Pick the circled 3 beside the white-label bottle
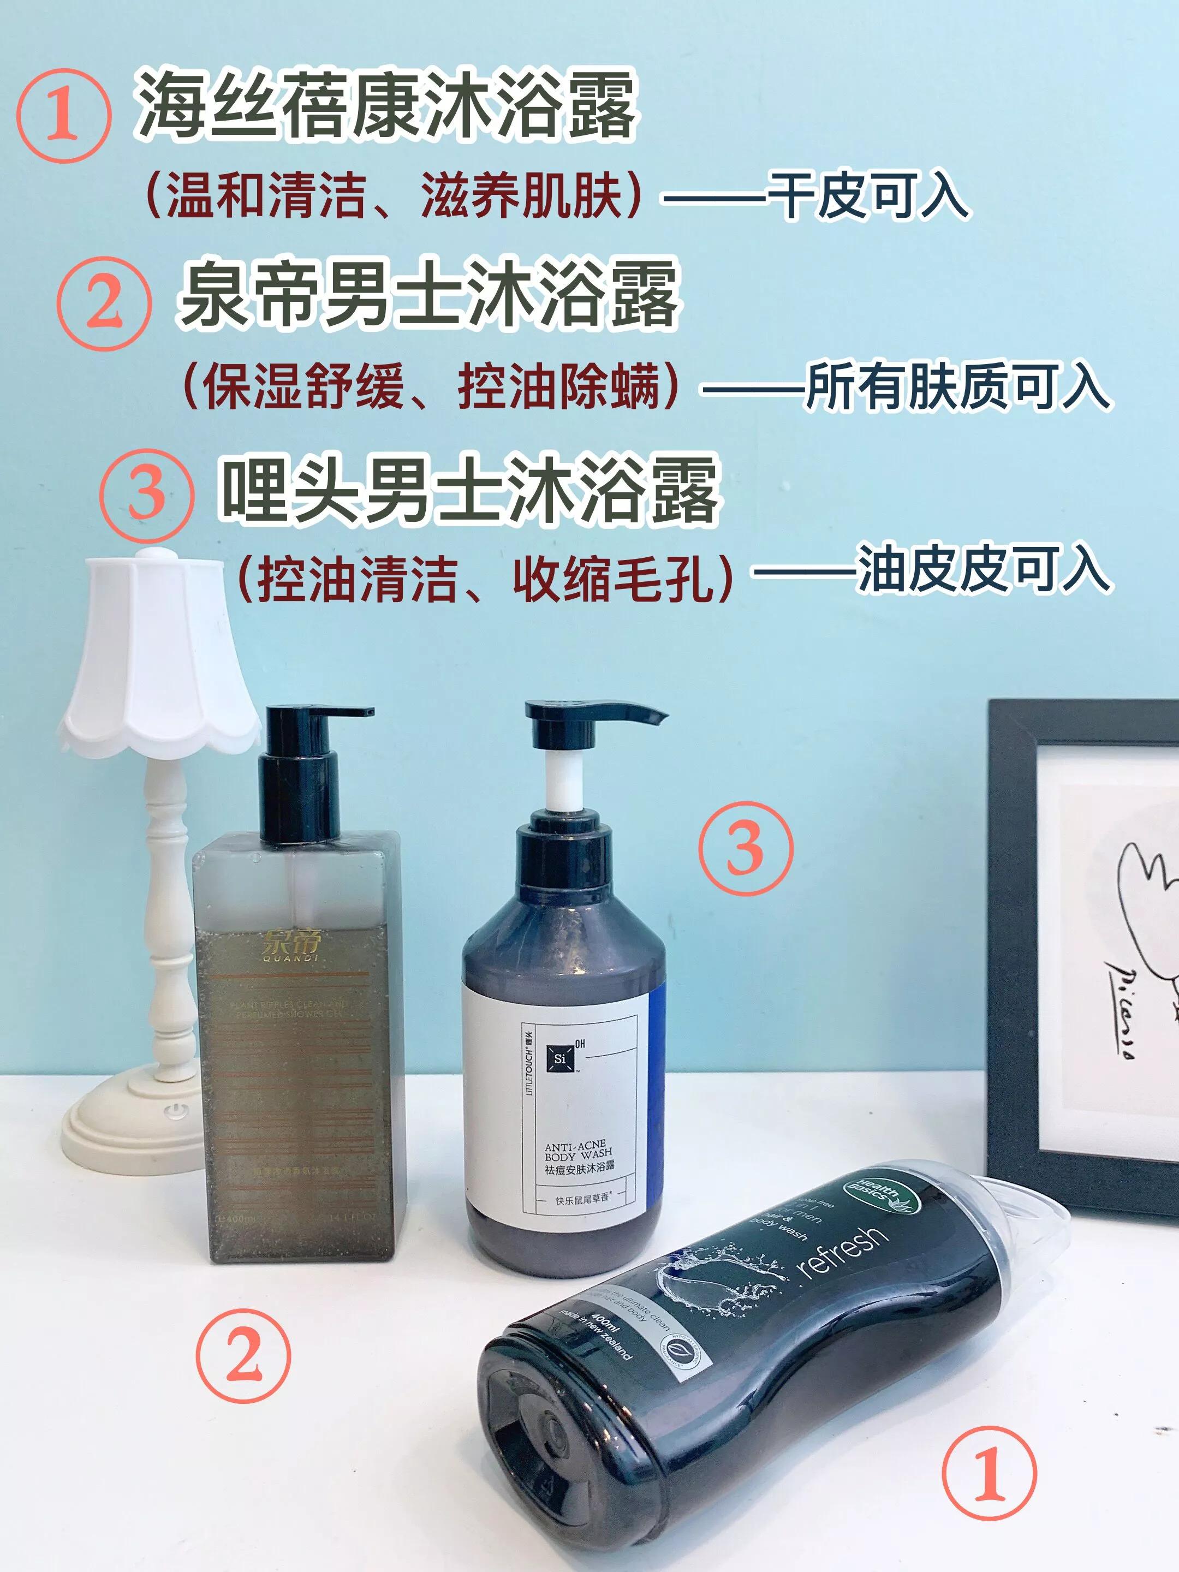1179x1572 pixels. click(744, 848)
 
